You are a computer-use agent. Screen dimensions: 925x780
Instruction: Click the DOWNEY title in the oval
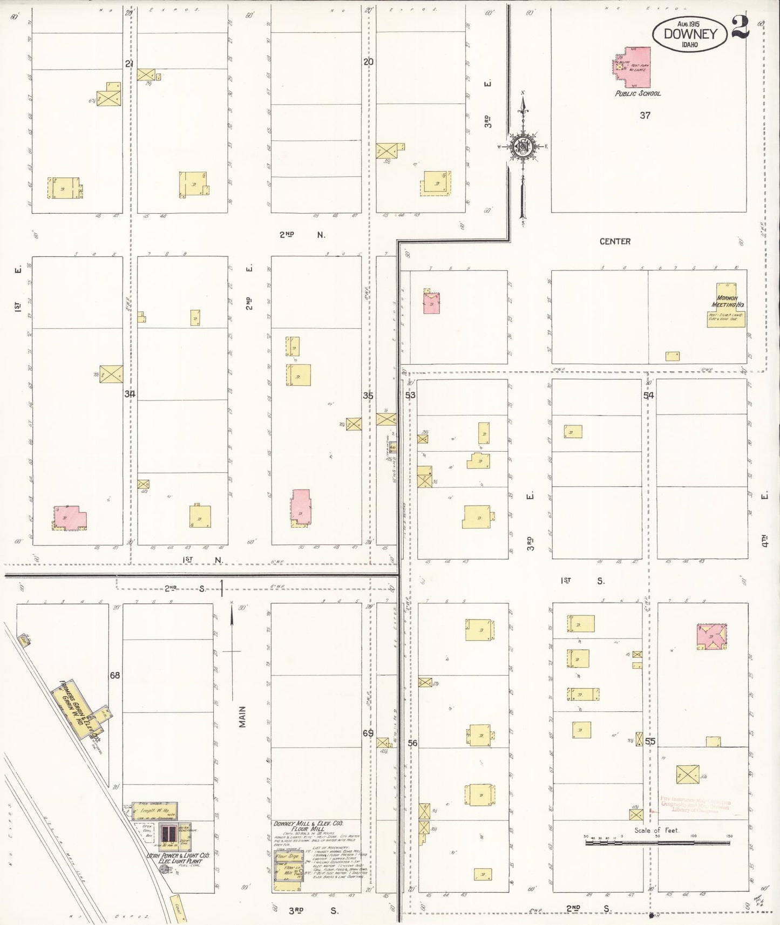click(690, 33)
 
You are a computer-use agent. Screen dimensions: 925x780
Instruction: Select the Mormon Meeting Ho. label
click(727, 301)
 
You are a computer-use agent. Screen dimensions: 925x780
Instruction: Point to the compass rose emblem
click(523, 146)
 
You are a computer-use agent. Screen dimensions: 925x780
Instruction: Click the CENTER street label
click(615, 241)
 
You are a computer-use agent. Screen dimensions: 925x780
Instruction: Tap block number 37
click(645, 115)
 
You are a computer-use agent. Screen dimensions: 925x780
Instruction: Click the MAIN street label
click(242, 717)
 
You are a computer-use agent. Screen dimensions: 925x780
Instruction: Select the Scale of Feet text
click(656, 830)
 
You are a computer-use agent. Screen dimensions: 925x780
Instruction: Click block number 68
click(114, 675)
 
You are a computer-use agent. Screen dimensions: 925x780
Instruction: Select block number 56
click(412, 743)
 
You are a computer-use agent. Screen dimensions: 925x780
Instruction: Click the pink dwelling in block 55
click(711, 636)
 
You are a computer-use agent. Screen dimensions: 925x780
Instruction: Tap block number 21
click(129, 64)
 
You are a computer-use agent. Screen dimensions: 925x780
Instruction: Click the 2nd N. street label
click(302, 235)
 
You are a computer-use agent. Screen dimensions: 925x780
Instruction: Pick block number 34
click(130, 394)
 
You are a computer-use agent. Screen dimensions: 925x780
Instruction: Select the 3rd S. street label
click(313, 910)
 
